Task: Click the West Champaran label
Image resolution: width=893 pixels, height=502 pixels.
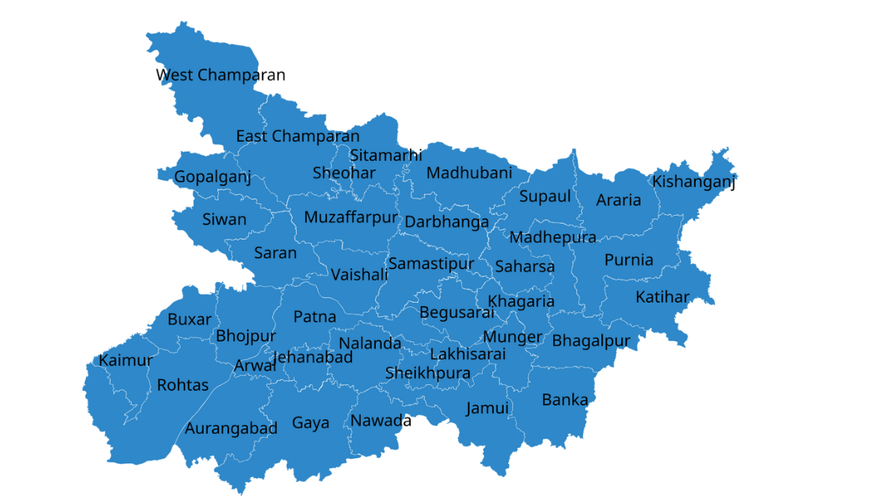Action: click(220, 75)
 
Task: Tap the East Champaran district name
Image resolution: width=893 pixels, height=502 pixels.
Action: click(298, 136)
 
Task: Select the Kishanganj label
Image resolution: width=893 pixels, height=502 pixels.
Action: click(694, 181)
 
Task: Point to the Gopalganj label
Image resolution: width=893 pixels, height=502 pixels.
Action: click(212, 177)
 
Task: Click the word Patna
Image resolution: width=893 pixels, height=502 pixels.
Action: click(315, 317)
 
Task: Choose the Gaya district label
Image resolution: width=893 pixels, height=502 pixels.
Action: click(310, 423)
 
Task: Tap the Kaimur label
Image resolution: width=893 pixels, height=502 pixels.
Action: click(126, 361)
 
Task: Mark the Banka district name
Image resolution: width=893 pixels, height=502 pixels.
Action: click(565, 399)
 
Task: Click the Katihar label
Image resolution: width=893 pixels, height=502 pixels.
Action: click(662, 297)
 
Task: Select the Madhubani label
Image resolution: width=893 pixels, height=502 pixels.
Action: click(469, 173)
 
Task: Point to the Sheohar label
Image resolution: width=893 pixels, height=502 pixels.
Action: click(344, 173)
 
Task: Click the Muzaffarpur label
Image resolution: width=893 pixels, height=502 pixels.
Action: click(351, 218)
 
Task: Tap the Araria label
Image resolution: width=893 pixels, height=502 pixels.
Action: click(618, 200)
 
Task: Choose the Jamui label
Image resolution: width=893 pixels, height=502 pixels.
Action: click(487, 408)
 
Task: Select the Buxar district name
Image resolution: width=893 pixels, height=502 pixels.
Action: click(189, 319)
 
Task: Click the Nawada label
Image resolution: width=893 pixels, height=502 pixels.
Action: click(381, 421)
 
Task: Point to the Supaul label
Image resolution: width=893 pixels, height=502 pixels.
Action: click(545, 196)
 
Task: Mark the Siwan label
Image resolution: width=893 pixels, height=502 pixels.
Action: click(224, 219)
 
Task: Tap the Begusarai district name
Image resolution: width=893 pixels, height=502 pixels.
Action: click(457, 312)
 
